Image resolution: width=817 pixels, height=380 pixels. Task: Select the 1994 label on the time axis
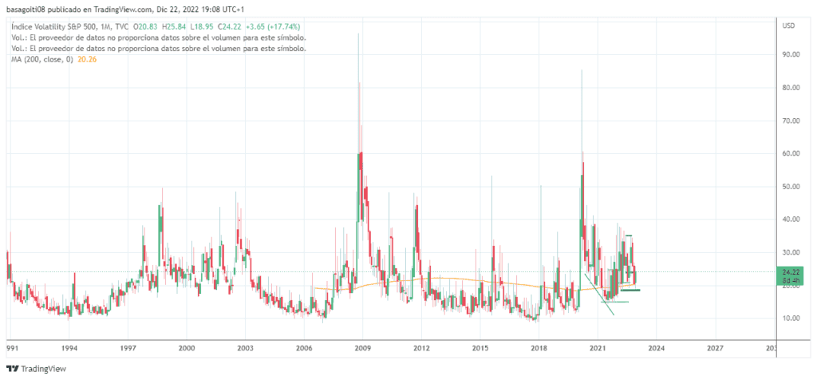coord(69,349)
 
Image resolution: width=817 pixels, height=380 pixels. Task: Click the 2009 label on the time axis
coord(363,349)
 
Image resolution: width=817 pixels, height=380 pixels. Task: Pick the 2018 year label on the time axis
coord(539,349)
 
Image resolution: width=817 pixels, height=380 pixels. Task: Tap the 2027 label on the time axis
coord(716,349)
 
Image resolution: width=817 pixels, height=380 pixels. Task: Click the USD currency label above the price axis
coord(789,26)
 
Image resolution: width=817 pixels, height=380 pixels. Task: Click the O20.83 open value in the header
coord(146,26)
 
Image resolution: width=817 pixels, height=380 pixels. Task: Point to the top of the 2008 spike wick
coord(358,33)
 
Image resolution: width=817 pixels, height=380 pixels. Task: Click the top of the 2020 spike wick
coord(581,70)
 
